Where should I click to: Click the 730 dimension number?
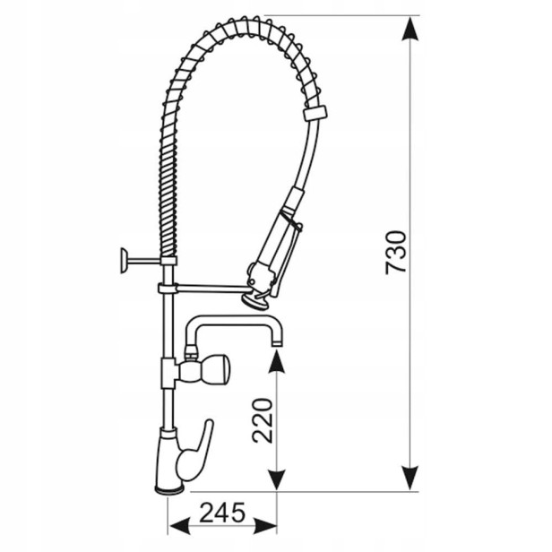396,252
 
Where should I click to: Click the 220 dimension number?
263,420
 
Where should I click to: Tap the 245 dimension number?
222,513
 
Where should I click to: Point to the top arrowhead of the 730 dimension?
410,29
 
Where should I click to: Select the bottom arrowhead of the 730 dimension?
410,478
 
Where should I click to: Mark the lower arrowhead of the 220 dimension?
276,479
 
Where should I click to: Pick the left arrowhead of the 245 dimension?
180,527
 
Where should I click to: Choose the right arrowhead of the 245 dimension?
265,527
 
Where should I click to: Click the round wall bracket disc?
124,261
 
